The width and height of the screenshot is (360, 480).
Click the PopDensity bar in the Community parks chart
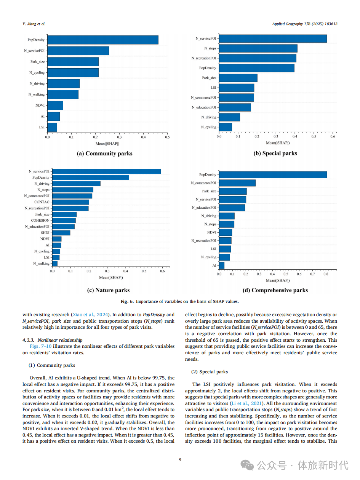[x=103, y=40]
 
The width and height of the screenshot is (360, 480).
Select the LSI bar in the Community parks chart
[x=52, y=127]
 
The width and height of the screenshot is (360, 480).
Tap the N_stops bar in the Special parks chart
[x=258, y=48]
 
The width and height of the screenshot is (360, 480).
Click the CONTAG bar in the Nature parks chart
[x=70, y=202]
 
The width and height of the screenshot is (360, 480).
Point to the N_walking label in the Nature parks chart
[x=41, y=263]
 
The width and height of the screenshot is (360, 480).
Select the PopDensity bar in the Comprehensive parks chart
[x=273, y=175]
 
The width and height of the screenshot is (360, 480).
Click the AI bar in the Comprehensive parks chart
[x=222, y=265]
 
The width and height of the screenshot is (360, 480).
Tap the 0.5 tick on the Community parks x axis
[x=167, y=137]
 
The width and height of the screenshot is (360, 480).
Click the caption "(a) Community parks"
[x=105, y=154]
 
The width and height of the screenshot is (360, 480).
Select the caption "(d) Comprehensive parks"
[x=275, y=290]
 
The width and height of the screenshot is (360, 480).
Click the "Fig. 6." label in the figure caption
[x=127, y=301]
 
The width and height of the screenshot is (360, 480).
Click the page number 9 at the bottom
[x=180, y=460]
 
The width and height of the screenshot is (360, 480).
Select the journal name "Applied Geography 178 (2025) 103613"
[x=305, y=24]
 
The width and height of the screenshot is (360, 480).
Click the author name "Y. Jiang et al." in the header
[x=34, y=24]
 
